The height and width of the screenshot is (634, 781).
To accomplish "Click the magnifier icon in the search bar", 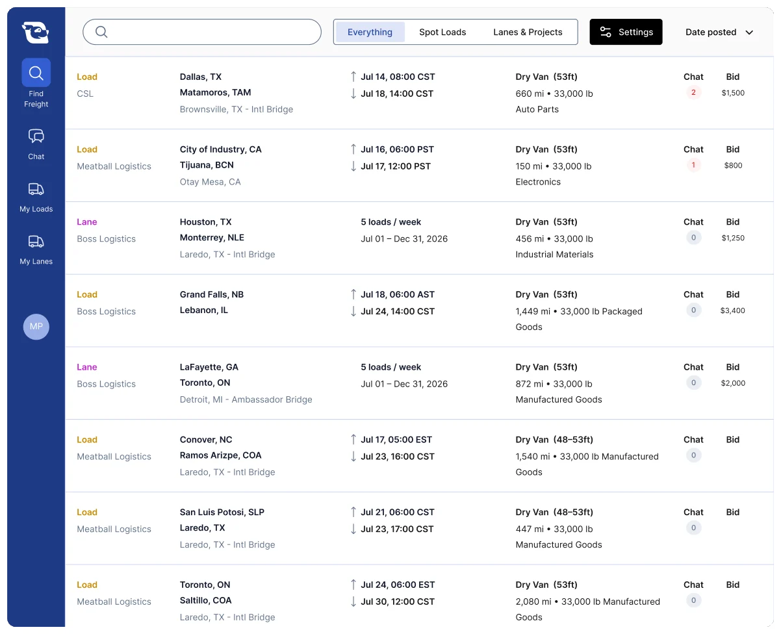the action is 101,32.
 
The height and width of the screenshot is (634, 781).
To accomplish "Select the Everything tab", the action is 370,32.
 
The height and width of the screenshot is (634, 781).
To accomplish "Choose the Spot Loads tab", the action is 442,32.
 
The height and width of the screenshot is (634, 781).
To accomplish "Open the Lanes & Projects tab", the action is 527,32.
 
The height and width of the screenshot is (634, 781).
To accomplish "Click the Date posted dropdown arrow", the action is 749,32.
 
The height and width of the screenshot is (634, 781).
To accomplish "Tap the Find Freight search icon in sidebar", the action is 36,73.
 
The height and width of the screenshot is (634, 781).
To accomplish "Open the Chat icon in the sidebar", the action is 36,136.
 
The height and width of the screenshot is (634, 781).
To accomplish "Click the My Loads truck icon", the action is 36,189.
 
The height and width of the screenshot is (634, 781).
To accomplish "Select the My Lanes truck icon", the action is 36,241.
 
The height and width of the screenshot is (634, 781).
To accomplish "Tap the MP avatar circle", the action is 36,327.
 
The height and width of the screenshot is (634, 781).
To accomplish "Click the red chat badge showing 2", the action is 693,92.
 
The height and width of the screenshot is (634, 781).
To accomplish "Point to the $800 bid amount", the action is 733,165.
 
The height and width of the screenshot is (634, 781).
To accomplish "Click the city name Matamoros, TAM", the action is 215,92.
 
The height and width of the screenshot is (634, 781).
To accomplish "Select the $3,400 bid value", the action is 732,311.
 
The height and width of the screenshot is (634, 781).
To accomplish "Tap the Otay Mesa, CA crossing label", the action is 210,182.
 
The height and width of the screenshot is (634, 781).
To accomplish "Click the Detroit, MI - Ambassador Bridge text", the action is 246,399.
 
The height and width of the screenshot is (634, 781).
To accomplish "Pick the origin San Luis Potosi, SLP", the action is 222,512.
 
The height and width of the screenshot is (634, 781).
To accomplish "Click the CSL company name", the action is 85,94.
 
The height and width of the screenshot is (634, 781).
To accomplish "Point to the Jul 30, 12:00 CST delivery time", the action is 398,602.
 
